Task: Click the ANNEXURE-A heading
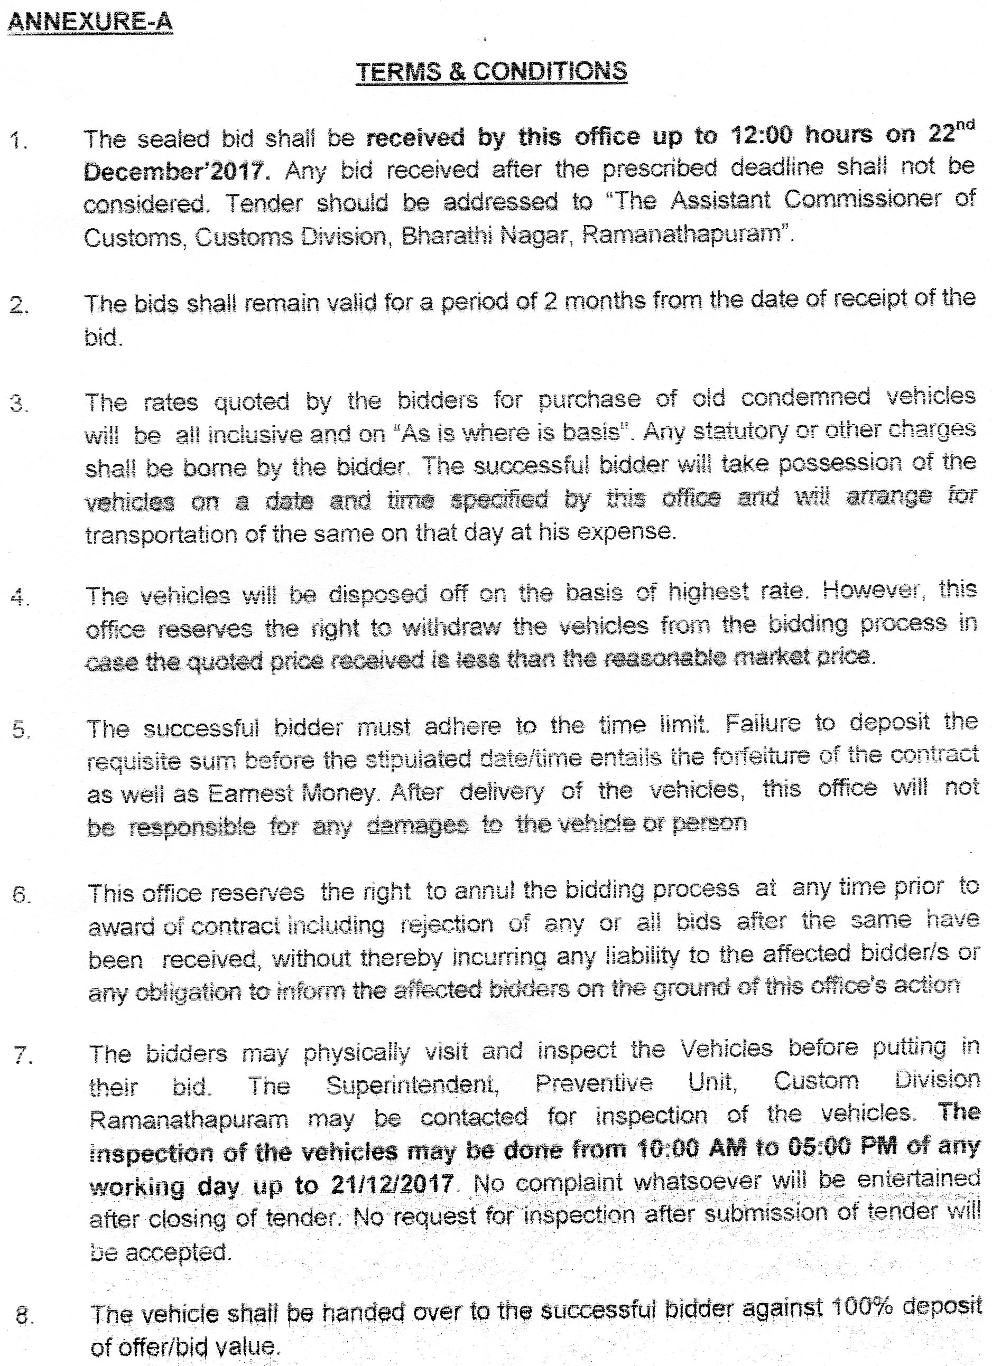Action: click(90, 22)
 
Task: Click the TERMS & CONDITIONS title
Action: click(491, 72)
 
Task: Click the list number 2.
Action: click(18, 305)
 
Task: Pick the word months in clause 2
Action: click(603, 300)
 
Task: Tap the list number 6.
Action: click(21, 895)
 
